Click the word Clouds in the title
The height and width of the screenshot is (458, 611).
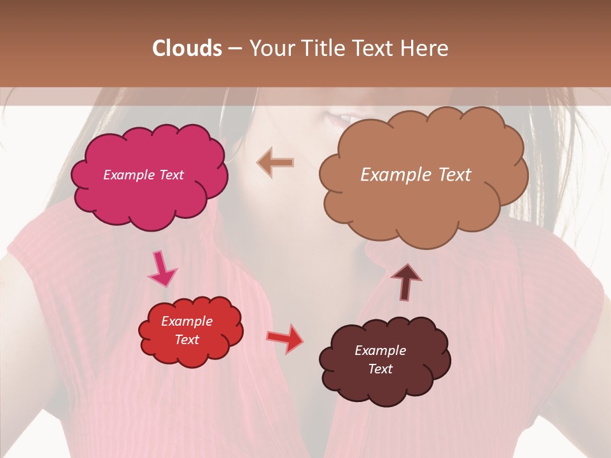pos(187,48)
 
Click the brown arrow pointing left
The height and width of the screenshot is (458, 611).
pos(276,163)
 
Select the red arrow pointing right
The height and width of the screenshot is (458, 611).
pos(285,338)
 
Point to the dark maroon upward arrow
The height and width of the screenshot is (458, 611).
pos(405,281)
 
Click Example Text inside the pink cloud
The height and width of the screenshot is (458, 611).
pos(143,175)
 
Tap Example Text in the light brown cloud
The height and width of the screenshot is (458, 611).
pos(416,175)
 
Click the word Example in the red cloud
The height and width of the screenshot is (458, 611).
pos(186,321)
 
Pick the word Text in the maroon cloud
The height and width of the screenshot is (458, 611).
pos(380,369)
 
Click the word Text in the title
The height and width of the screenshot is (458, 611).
pos(377,48)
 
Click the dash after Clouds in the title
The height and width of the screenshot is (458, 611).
pos(235,49)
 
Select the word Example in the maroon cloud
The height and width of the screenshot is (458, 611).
pos(380,350)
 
